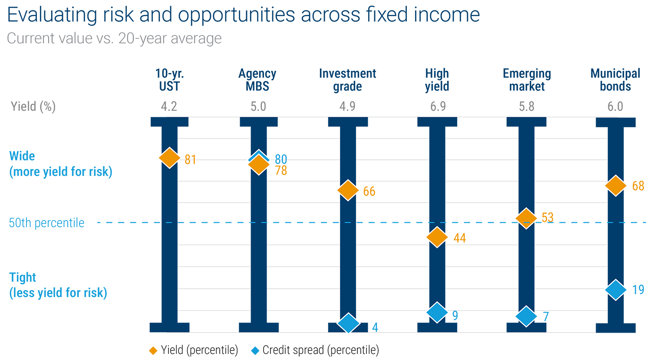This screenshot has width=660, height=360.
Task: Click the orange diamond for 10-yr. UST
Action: [x=169, y=158]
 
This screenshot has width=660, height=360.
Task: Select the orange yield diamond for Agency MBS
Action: [x=259, y=165]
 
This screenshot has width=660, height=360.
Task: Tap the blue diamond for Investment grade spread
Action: [x=348, y=323]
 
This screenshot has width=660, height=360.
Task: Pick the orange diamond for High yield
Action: [x=437, y=237]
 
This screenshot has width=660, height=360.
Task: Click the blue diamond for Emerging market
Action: [x=526, y=316]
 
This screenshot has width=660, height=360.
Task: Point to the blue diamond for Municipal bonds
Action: [x=615, y=290]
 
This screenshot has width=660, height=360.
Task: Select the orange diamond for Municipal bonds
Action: [x=615, y=186]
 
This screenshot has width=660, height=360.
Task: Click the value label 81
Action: [x=190, y=160]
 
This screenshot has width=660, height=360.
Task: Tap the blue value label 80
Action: [x=281, y=159]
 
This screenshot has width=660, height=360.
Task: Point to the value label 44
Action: [x=459, y=238]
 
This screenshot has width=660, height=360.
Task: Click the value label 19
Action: [x=638, y=290]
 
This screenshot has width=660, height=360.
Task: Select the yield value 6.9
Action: [x=438, y=106]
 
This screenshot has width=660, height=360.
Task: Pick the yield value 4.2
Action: [x=169, y=106]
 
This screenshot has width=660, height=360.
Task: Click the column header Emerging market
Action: [x=527, y=80]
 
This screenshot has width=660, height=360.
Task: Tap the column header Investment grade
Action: [x=347, y=80]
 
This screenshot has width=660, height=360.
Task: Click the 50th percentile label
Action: [x=47, y=223]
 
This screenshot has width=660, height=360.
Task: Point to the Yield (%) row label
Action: [x=33, y=106]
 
